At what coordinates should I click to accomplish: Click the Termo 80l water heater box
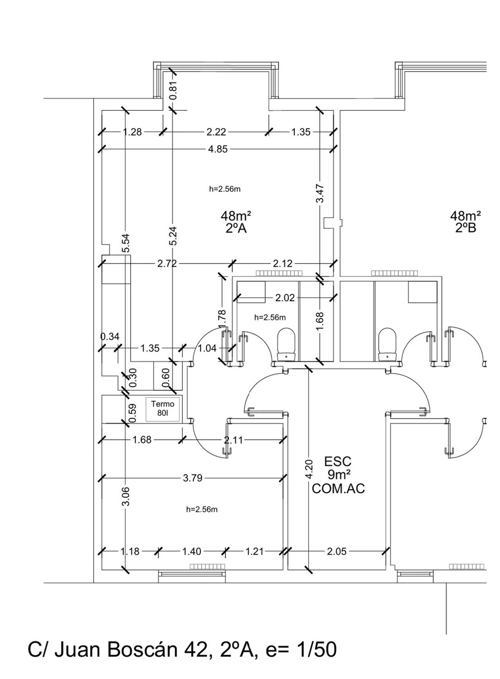(163, 409)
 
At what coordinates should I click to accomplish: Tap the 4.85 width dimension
(218, 149)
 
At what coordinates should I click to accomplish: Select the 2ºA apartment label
(236, 229)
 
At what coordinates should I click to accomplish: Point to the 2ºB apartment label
(465, 228)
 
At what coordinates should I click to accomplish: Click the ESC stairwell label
(338, 462)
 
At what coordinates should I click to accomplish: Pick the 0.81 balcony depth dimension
(173, 91)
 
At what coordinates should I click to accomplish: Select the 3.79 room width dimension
(193, 478)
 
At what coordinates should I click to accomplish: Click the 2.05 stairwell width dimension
(337, 551)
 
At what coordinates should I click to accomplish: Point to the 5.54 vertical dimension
(126, 243)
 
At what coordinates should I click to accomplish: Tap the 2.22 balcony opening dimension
(216, 132)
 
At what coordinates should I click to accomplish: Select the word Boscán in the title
(143, 650)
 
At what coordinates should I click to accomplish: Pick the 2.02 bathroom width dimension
(285, 298)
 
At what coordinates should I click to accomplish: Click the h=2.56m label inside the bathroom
(270, 317)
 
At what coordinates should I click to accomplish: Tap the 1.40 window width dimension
(192, 551)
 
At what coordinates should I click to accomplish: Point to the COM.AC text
(338, 489)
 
